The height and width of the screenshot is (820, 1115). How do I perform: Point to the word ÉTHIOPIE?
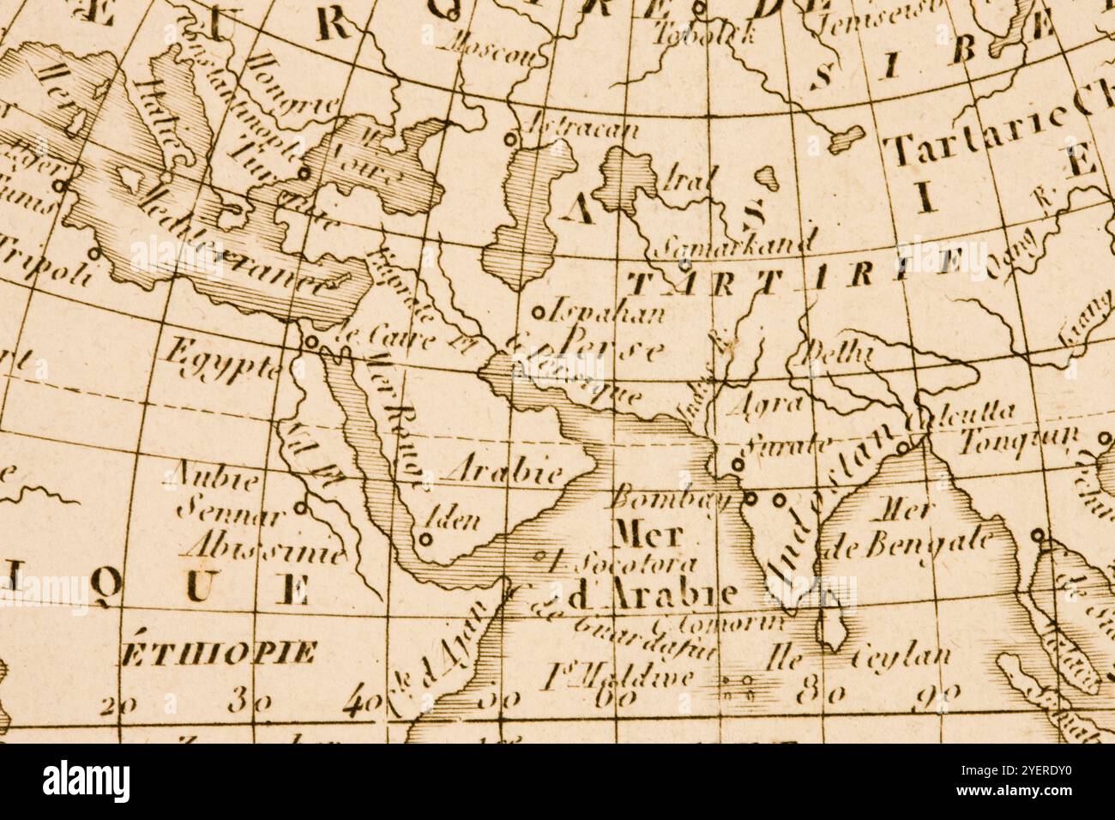click(218, 654)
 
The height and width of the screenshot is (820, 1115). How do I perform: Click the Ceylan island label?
click(902, 657)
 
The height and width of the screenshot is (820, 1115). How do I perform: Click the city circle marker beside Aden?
click(425, 540)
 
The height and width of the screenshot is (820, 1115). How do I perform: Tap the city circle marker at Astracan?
click(512, 137)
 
